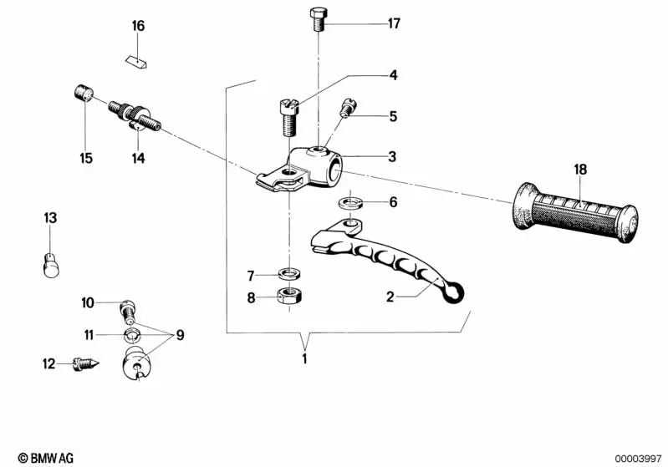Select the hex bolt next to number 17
pyautogui.click(x=319, y=19)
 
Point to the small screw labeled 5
pyautogui.click(x=346, y=108)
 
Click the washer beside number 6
pyautogui.click(x=350, y=203)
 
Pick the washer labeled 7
pyautogui.click(x=289, y=274)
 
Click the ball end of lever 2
pyautogui.click(x=453, y=292)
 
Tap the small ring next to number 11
pyautogui.click(x=132, y=335)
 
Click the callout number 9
pyautogui.click(x=180, y=336)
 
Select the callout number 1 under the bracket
pyautogui.click(x=305, y=359)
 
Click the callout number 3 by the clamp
pyautogui.click(x=392, y=156)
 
